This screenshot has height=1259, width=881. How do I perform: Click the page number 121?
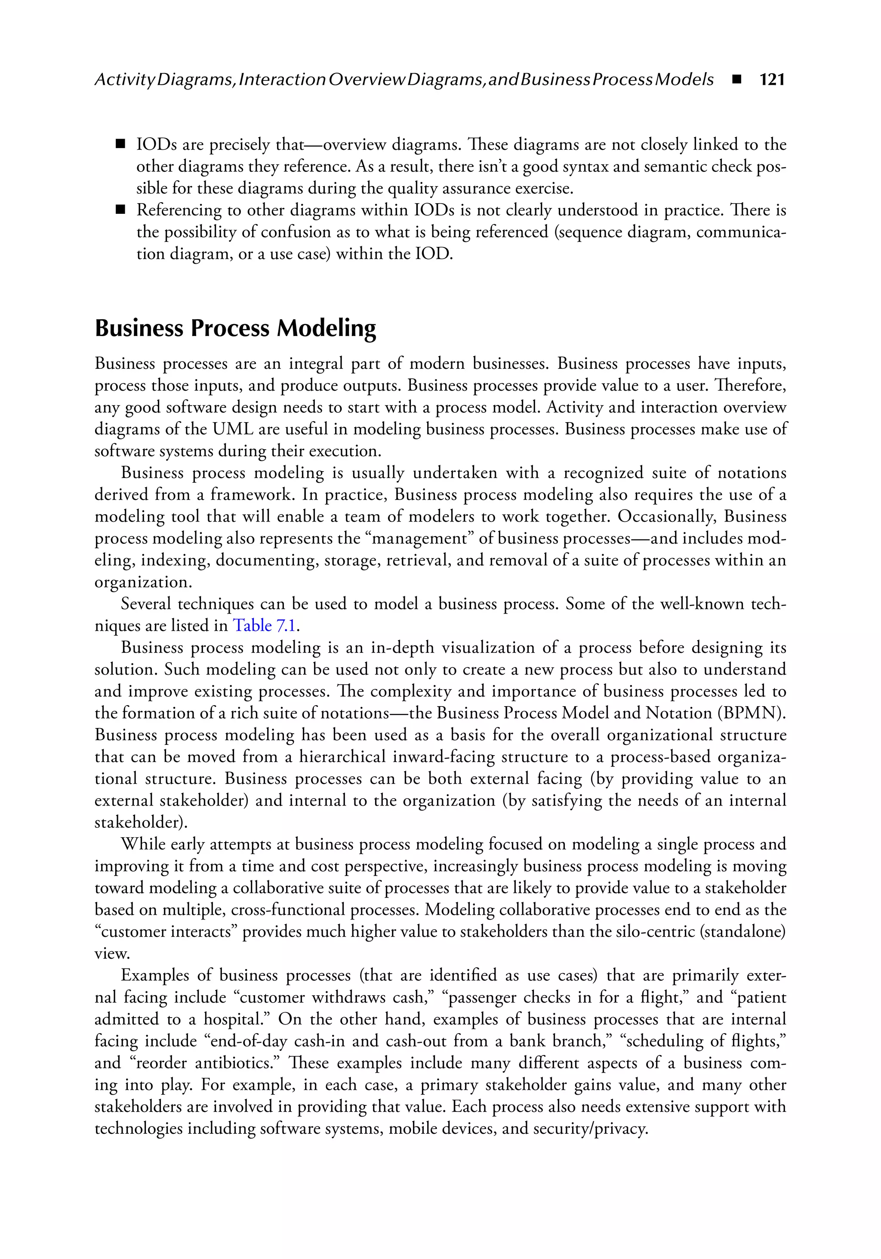(x=772, y=80)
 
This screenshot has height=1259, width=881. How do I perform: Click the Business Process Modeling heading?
(x=235, y=328)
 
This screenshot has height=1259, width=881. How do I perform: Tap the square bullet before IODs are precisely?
(x=120, y=145)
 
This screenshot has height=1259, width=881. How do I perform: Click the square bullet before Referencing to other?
(x=120, y=210)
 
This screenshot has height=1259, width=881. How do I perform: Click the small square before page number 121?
(x=736, y=80)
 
